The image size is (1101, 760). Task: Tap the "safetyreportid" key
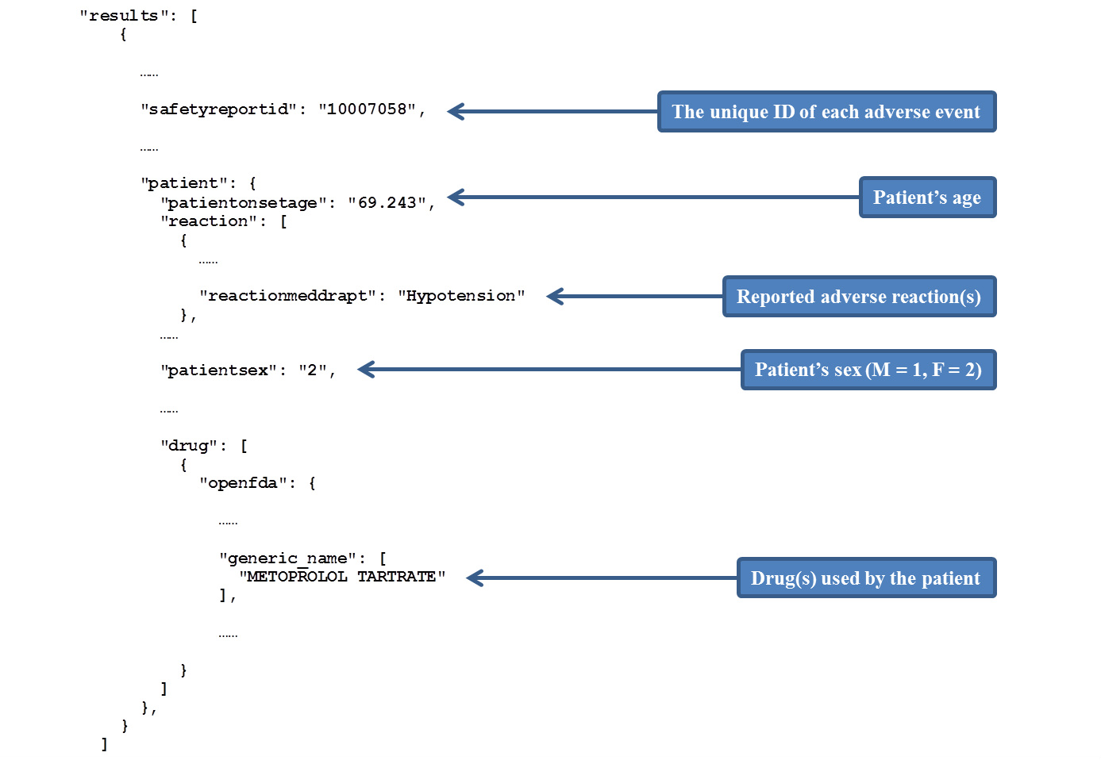(x=219, y=109)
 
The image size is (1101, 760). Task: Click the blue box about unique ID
(x=826, y=112)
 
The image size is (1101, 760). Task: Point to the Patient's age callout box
(x=927, y=197)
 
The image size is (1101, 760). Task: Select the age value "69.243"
(x=387, y=202)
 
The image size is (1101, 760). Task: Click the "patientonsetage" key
(x=244, y=202)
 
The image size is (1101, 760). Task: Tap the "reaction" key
(x=209, y=221)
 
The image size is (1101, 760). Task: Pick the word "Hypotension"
(x=461, y=296)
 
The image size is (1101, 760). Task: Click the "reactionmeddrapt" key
(x=287, y=296)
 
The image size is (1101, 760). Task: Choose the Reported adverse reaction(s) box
(x=859, y=296)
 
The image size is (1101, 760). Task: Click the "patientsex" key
(x=219, y=370)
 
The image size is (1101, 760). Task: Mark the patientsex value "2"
(x=313, y=370)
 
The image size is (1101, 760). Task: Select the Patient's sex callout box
(x=868, y=370)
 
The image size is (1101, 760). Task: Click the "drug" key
(x=189, y=446)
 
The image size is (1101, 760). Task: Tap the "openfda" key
(x=244, y=483)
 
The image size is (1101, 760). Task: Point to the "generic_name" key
(x=287, y=558)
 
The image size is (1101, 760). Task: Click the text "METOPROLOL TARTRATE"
(x=342, y=576)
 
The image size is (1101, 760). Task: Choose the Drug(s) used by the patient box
(x=866, y=578)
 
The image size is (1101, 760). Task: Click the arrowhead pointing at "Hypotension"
(x=555, y=296)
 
